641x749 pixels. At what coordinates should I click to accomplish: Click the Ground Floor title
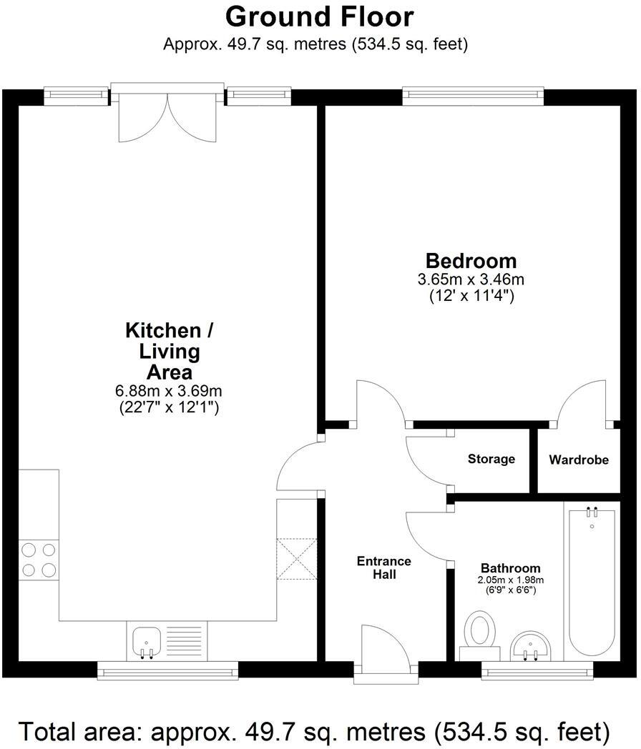pos(319,16)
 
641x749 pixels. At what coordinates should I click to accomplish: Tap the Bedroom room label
pos(471,260)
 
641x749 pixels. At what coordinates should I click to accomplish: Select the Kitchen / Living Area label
pos(169,351)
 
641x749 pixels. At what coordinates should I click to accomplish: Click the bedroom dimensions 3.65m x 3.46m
pos(471,279)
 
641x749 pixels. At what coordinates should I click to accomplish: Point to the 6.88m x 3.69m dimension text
pos(169,391)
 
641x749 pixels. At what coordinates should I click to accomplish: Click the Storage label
pos(491,459)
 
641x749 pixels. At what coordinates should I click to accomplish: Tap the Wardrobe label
pos(579,460)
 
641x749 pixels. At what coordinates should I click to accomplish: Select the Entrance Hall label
pos(384,567)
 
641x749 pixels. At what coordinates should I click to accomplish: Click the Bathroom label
pos(510,569)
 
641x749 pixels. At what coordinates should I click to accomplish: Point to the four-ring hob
pos(39,560)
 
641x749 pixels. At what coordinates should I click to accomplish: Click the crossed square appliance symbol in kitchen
pos(295,558)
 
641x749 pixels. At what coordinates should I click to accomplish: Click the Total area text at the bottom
pos(314,731)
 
